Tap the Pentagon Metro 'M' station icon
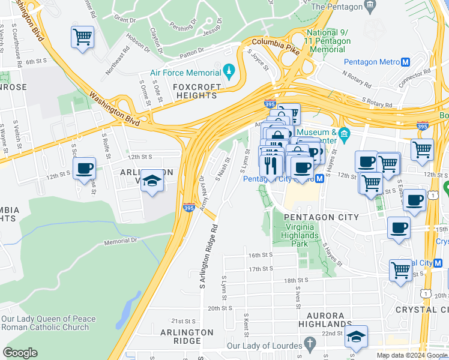tap(406, 62)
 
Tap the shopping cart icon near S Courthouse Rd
tap(82, 37)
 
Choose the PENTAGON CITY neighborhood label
tap(321, 217)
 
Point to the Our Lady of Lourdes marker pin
tap(310, 344)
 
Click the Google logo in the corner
tap(20, 353)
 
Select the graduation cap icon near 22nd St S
tap(356, 338)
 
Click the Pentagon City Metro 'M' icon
tap(320, 178)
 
